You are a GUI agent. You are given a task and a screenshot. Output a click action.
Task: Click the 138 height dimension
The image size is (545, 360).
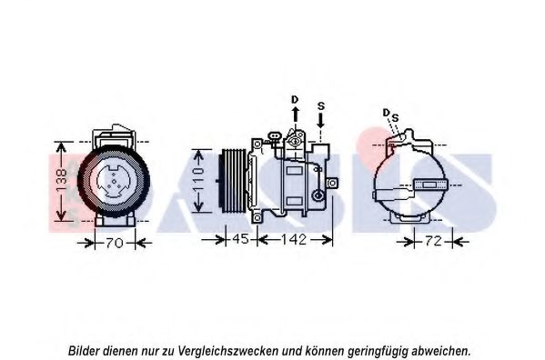click(62, 181)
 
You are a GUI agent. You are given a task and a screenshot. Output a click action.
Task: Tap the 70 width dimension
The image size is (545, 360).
click(115, 243)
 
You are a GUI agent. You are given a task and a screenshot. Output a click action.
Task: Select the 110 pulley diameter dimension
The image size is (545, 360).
click(198, 181)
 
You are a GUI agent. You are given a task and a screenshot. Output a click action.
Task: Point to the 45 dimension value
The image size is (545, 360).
click(241, 239)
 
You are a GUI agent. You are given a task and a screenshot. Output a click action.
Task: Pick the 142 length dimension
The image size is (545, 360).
click(294, 239)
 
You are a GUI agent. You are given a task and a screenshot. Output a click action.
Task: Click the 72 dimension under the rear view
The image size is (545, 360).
click(433, 241)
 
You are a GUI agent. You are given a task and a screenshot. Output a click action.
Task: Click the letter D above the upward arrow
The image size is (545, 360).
click(295, 100)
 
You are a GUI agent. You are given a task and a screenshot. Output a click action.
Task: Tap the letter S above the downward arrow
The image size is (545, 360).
click(321, 105)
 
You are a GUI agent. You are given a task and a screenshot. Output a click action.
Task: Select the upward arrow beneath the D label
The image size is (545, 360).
click(295, 115)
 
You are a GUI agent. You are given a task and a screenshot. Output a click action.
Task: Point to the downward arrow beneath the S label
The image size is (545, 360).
click(320, 120)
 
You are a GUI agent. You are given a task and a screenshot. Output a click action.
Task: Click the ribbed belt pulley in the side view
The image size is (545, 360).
click(234, 181)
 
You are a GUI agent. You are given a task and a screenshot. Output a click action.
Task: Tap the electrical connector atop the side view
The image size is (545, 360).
click(275, 136)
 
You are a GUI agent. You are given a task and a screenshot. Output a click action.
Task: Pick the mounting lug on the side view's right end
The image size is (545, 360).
click(333, 183)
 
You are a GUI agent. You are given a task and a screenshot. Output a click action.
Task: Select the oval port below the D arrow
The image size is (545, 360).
click(295, 142)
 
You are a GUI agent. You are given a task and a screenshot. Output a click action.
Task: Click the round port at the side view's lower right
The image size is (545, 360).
click(318, 195)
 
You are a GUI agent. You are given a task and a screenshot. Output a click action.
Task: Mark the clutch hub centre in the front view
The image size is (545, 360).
click(114, 182)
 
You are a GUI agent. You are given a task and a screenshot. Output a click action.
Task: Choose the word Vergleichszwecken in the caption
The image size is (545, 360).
click(227, 351)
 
